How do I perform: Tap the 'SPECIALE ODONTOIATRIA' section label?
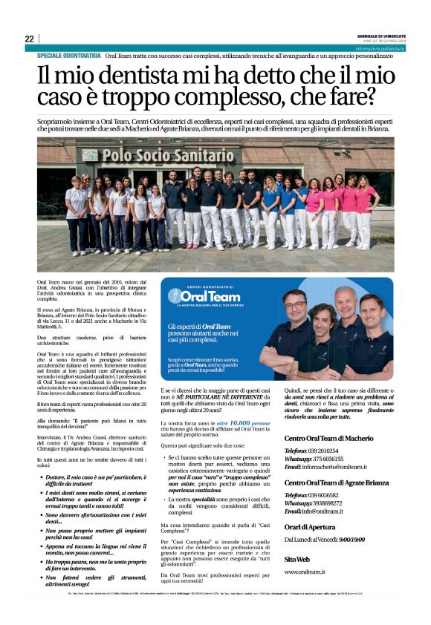pos(69,56)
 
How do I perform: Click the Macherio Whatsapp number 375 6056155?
pos(338,459)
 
